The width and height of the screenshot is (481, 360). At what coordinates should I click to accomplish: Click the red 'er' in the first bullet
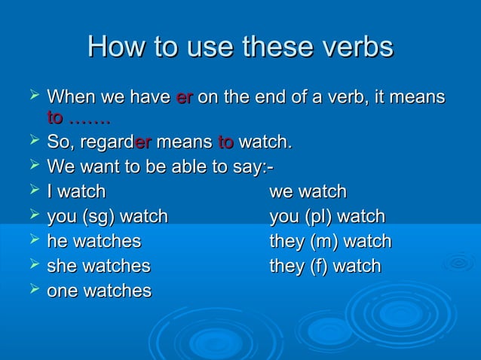click(x=184, y=97)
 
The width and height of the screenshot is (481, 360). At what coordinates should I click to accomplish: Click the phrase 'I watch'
click(x=76, y=191)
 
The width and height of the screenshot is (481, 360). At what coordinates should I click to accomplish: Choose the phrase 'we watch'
click(x=308, y=191)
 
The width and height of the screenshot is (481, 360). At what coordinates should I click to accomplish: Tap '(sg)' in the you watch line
click(x=100, y=217)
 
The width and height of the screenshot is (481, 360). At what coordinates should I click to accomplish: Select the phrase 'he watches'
click(x=93, y=242)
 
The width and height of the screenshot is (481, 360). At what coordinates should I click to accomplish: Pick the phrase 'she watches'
click(x=98, y=266)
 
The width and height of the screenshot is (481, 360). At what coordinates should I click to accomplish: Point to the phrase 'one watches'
click(x=99, y=291)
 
